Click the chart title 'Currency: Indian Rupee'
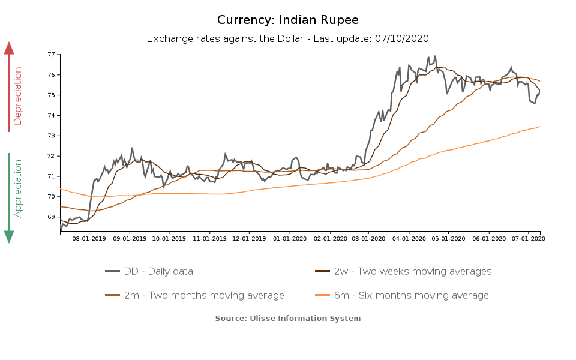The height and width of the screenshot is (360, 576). pyautogui.click(x=288, y=20)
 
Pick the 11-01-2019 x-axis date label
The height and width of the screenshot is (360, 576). pyautogui.click(x=210, y=239)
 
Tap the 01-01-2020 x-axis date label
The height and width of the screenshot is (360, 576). pyautogui.click(x=290, y=239)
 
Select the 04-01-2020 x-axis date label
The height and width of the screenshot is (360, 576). pyautogui.click(x=409, y=239)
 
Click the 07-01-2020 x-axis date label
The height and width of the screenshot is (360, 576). pyautogui.click(x=528, y=239)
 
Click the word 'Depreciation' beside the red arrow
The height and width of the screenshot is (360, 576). pyautogui.click(x=18, y=96)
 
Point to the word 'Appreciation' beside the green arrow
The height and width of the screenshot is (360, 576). pyautogui.click(x=18, y=188)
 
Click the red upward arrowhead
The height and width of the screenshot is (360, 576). pyautogui.click(x=9, y=48)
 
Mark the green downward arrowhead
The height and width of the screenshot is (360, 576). pyautogui.click(x=9, y=236)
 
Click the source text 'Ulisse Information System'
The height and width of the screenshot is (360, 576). pyautogui.click(x=305, y=318)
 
